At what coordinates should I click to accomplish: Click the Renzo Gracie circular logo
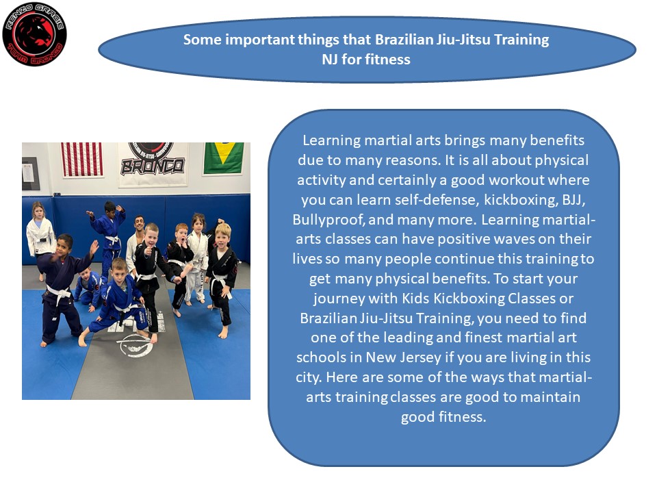[x=34, y=34]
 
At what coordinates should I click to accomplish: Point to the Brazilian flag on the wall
[x=223, y=158]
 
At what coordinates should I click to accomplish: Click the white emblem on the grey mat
[x=134, y=344]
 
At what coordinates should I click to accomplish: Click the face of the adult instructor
[x=140, y=224]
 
